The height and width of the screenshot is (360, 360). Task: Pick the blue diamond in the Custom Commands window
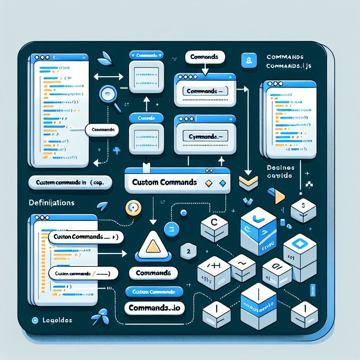point(222,183)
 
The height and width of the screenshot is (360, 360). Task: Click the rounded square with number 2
point(188,252)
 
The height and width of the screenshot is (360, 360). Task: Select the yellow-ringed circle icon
point(133,207)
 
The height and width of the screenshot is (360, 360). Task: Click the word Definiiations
point(51,203)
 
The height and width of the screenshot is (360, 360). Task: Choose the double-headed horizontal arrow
point(108,76)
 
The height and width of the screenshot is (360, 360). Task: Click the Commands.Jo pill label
point(155,308)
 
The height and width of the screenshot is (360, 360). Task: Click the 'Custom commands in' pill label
point(70,183)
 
